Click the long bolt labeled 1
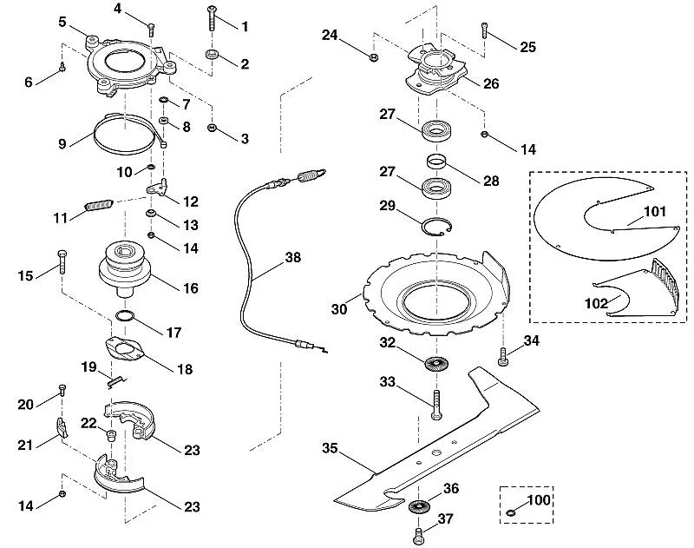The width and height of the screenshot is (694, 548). (212, 17)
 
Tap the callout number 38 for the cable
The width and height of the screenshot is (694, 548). (292, 257)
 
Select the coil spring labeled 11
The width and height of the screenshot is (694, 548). (99, 206)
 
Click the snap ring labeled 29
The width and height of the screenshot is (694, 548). (436, 227)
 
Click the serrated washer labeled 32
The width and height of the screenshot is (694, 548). (436, 364)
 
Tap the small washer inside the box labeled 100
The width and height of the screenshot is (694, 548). (510, 513)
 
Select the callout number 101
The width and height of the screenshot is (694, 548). (655, 211)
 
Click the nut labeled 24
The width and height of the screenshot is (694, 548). (373, 56)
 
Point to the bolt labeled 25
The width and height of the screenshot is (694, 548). (485, 30)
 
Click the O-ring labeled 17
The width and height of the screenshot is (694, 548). (125, 316)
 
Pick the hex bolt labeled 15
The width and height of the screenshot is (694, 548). (62, 262)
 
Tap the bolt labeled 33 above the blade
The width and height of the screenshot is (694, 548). (436, 405)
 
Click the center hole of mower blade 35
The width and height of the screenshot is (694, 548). (436, 452)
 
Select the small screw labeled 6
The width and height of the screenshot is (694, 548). (62, 67)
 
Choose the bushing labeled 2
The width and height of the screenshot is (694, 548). (212, 55)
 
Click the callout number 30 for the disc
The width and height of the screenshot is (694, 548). (339, 309)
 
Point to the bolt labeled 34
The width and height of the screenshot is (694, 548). (503, 357)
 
